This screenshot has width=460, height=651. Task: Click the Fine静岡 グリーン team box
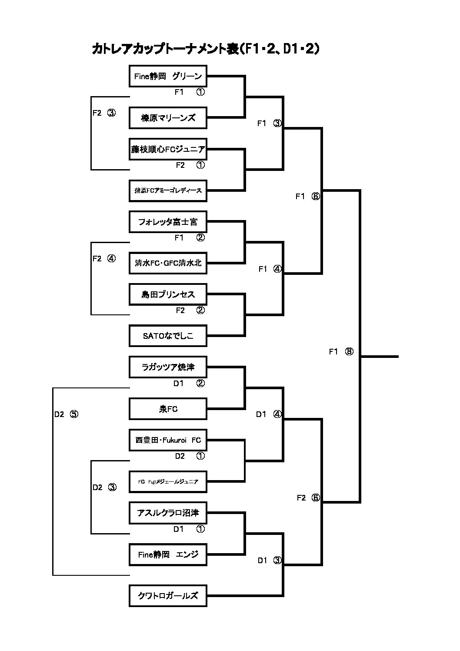coord(168,77)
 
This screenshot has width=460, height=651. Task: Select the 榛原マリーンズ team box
coord(168,118)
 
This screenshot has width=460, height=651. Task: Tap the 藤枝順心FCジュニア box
coord(168,149)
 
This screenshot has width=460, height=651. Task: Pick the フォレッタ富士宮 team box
coord(168,222)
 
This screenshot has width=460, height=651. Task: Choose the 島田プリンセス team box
coord(168,294)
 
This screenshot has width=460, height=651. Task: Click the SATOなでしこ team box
coord(168,336)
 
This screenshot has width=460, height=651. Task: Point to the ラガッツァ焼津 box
coord(168,367)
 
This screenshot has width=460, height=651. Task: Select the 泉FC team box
coord(168,409)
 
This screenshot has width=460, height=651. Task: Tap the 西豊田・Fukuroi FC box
coord(168,440)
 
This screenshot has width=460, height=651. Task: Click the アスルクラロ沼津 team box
coord(168,513)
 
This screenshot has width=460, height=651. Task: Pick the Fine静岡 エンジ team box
coord(168,554)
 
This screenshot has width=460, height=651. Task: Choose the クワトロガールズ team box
coord(168,596)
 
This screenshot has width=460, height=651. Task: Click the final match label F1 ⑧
coord(341,352)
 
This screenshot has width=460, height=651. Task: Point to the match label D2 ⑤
coord(66,414)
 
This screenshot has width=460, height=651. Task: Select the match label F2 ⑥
coord(308,498)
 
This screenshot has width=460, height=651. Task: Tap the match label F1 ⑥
coord(307,197)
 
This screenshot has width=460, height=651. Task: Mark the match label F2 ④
coord(104,259)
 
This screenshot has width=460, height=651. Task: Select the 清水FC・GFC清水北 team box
coord(168,263)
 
